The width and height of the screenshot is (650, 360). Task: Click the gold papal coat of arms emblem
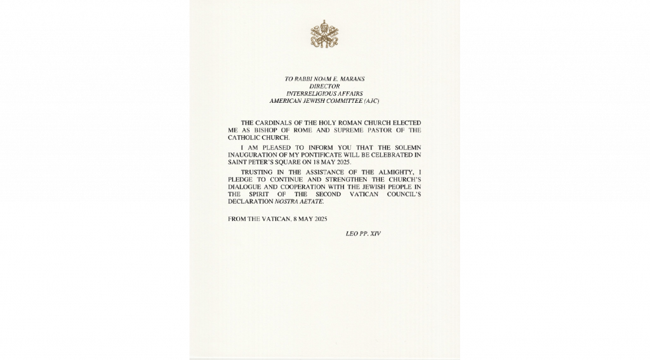click(324, 34)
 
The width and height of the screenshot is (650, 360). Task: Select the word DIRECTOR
click(324, 86)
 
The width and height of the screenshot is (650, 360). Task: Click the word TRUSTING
click(258, 172)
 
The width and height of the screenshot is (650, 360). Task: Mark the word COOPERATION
click(298, 187)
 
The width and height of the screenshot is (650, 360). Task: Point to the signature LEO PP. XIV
click(364, 234)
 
